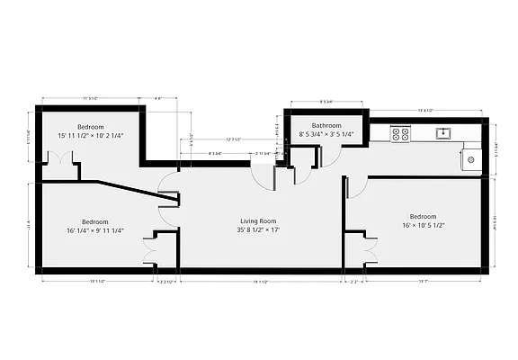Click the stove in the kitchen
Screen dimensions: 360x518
(x=400, y=134)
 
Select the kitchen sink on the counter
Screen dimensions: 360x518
(x=442, y=133)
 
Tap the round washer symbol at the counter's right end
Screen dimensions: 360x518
(x=471, y=160)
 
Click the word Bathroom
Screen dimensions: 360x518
(x=326, y=125)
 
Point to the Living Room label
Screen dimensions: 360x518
(x=257, y=220)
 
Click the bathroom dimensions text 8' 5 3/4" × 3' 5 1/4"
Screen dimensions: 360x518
(x=326, y=135)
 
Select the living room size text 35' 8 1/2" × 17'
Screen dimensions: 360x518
(x=257, y=229)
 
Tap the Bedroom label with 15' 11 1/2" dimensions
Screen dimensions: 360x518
(x=91, y=126)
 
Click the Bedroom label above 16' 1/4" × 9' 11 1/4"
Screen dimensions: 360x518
(x=95, y=221)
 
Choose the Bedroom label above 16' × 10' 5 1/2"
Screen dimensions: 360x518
(x=423, y=216)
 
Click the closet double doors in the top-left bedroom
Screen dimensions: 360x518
(x=60, y=158)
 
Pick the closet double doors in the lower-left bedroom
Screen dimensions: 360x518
(x=149, y=248)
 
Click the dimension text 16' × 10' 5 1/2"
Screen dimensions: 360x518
(x=423, y=226)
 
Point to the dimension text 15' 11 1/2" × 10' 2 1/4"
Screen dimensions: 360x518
(x=91, y=136)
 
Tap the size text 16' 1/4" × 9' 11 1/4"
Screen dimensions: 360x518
(x=95, y=231)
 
